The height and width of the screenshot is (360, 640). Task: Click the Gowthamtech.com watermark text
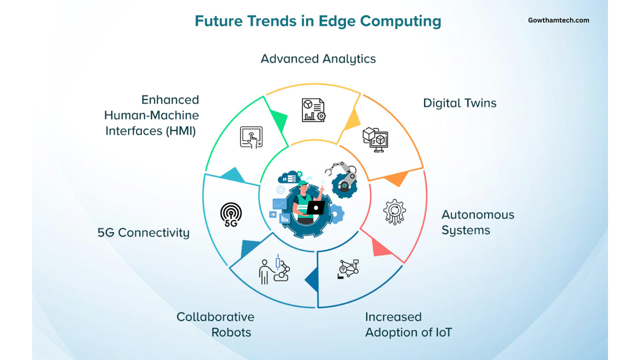pyautogui.click(x=558, y=20)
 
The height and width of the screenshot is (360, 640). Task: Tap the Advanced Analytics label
pyautogui.click(x=318, y=59)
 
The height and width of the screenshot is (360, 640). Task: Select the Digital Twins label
pyautogui.click(x=459, y=103)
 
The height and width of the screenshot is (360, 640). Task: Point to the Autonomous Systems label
pyautogui.click(x=477, y=222)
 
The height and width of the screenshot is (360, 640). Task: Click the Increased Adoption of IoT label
pyautogui.click(x=408, y=324)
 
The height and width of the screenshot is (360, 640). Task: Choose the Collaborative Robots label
pyautogui.click(x=215, y=324)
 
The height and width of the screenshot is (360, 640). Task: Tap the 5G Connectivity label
pyautogui.click(x=143, y=232)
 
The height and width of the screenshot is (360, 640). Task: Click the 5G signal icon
pyautogui.click(x=231, y=215)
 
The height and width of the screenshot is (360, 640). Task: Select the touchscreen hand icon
pyautogui.click(x=251, y=137)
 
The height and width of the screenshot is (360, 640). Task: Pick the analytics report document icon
pyautogui.click(x=313, y=110)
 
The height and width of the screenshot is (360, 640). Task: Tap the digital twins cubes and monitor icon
pyautogui.click(x=375, y=139)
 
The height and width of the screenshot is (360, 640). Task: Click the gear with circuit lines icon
pyautogui.click(x=394, y=212)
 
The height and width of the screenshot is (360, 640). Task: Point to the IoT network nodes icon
pyautogui.click(x=348, y=269)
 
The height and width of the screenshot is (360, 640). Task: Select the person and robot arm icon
pyautogui.click(x=274, y=269)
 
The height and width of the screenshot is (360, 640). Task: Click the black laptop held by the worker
pyautogui.click(x=315, y=207)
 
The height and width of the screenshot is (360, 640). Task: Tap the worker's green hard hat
pyautogui.click(x=302, y=183)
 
